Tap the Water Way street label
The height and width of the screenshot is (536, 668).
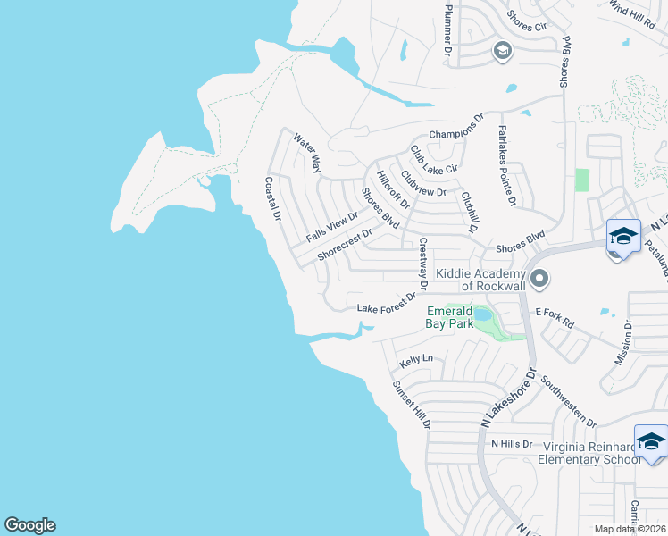coord(308,154)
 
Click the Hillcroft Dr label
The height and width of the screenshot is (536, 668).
coord(392,190)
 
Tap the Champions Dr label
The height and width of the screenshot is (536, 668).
coord(455,133)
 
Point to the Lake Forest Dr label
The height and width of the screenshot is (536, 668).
coord(387,303)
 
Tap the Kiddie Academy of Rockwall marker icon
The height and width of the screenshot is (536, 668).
coord(539,280)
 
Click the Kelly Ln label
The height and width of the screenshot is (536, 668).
coord(416,360)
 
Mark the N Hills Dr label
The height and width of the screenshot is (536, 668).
coord(511,443)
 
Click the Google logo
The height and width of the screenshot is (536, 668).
coord(29,525)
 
